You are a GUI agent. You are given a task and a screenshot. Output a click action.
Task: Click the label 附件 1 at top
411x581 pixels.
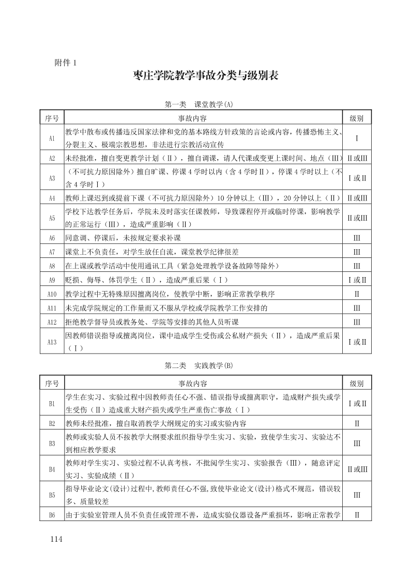point(66,63)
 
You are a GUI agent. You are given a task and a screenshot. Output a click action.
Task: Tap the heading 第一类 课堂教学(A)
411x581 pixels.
point(199,104)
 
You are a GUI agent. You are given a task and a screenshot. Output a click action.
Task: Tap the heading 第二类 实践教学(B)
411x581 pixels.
point(199,365)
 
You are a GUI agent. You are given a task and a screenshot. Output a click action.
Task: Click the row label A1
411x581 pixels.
point(52,138)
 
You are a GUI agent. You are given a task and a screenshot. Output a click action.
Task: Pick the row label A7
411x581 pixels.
point(52,252)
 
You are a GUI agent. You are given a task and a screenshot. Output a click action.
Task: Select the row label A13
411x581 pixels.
point(52,342)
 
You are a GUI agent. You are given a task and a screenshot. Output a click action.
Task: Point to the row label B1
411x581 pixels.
point(52,403)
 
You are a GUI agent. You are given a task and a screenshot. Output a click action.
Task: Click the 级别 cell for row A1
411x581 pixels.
point(357,138)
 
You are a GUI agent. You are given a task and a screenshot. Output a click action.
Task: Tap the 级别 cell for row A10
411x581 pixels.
point(357,294)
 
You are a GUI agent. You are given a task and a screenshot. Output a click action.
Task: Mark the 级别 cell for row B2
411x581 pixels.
point(357,423)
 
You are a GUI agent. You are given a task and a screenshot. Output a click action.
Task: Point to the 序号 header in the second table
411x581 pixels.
point(52,384)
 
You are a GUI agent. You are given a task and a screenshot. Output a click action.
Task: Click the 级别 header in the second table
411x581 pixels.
point(357,384)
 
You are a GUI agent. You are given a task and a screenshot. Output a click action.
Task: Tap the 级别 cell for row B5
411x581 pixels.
point(357,495)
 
